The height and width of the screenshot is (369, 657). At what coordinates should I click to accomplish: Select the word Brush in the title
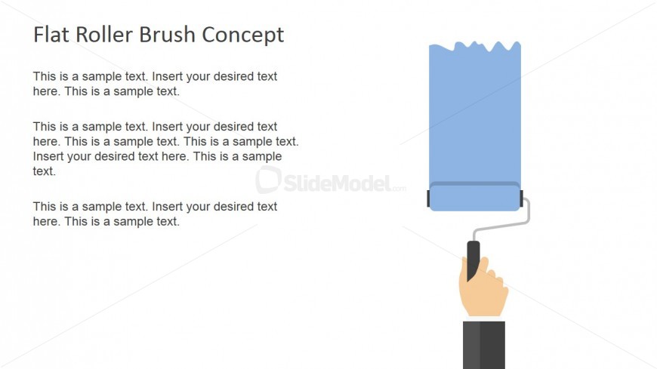167,35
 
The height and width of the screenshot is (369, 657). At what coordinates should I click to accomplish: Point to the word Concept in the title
243,35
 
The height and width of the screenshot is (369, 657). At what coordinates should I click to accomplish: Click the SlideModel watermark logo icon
268,180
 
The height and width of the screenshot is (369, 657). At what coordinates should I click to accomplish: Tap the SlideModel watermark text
344,183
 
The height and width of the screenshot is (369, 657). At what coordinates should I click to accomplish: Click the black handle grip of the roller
473,260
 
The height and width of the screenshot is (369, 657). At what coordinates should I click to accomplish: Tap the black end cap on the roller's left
428,198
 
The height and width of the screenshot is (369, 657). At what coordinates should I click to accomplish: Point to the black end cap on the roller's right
522,198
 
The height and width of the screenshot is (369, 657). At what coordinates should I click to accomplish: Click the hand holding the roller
484,288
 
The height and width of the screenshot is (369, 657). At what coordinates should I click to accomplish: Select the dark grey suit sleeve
484,345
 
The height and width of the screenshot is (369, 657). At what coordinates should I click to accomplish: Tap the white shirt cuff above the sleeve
484,319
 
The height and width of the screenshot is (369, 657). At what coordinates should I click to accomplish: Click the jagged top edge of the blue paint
475,47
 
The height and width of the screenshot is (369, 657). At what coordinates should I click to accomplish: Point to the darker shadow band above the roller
475,183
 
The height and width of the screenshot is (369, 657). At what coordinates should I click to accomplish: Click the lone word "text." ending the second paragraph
45,171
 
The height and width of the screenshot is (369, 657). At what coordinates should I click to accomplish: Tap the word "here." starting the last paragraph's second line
47,222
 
